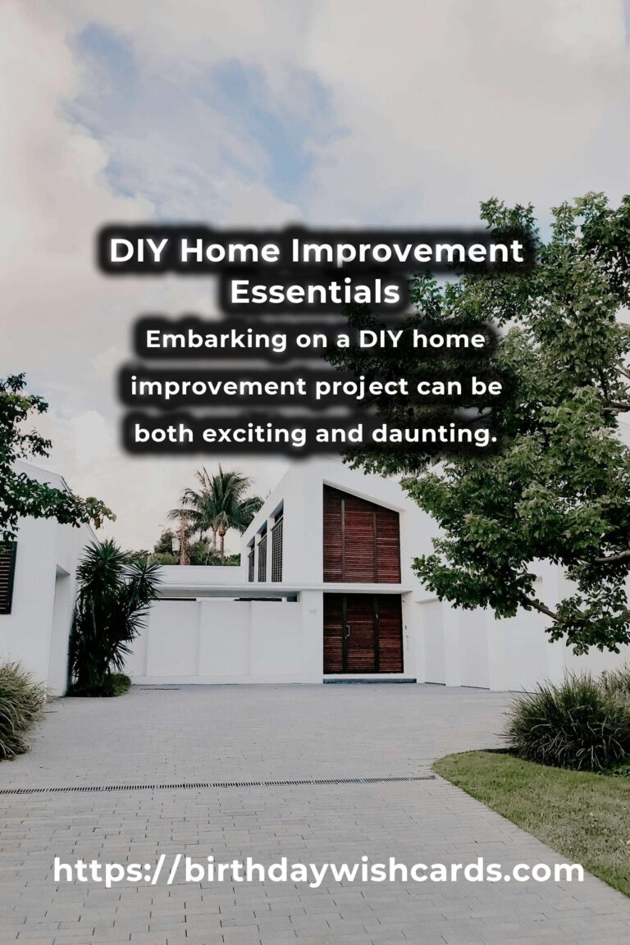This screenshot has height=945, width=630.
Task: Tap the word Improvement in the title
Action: [408, 252]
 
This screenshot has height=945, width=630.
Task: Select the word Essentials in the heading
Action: [315, 292]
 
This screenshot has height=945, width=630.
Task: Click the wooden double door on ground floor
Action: [363, 633]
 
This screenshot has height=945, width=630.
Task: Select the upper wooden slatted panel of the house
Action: [361, 535]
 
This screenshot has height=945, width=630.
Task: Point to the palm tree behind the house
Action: [215, 506]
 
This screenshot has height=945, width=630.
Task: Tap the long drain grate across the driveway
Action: [217, 785]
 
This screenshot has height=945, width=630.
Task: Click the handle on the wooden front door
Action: [348, 631]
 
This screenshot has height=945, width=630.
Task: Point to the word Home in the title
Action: [230, 251]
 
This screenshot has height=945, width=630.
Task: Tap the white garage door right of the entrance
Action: [433, 641]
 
